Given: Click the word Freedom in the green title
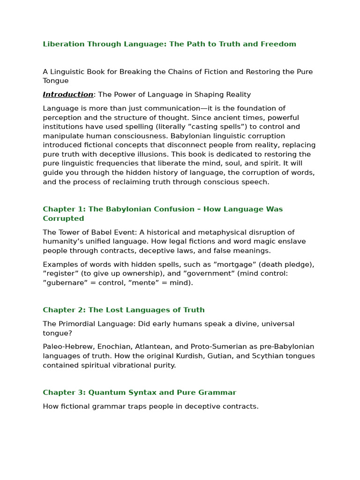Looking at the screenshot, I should coord(280,44).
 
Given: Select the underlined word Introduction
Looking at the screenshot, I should coord(68,95).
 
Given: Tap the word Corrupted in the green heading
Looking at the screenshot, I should coord(63,218).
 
